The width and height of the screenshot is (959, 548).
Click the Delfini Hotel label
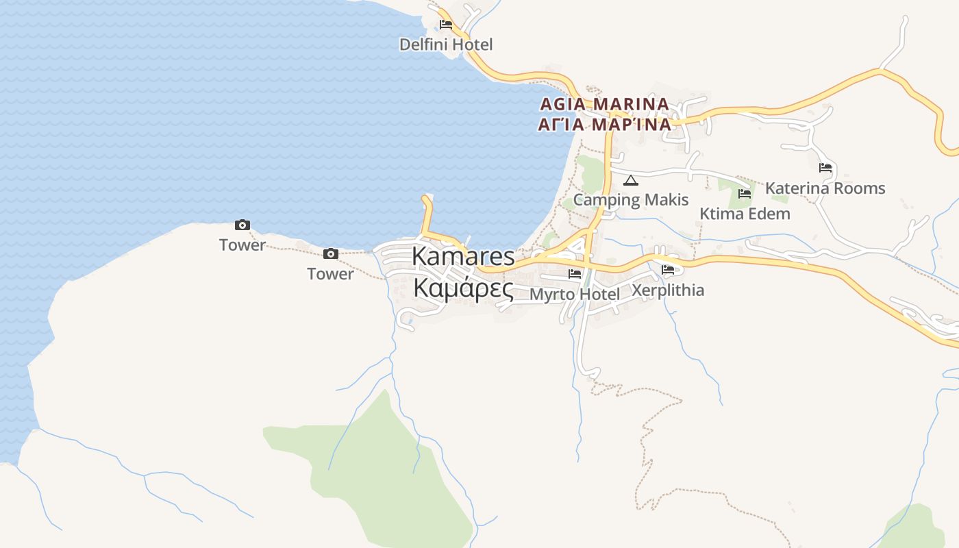pyautogui.click(x=446, y=45)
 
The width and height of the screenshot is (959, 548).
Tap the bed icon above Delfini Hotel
pyautogui.click(x=446, y=25)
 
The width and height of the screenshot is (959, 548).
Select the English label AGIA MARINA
pyautogui.click(x=604, y=104)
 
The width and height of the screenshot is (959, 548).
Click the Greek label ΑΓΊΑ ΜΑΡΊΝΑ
pyautogui.click(x=604, y=125)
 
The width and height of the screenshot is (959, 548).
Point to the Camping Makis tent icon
pyautogui.click(x=631, y=181)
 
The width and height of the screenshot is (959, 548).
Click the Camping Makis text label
pyautogui.click(x=631, y=200)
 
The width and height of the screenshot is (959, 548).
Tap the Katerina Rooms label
pyautogui.click(x=825, y=188)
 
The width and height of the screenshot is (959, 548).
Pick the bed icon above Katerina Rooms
pyautogui.click(x=825, y=167)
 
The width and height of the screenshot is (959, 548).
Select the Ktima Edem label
pyautogui.click(x=745, y=214)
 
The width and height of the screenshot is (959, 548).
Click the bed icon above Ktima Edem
pyautogui.click(x=745, y=194)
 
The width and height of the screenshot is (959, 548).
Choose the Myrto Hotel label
pyautogui.click(x=575, y=294)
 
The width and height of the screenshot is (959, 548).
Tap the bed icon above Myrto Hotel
pyautogui.click(x=575, y=274)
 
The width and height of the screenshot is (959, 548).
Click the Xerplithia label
pyautogui.click(x=668, y=290)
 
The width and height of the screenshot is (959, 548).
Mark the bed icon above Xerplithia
pyautogui.click(x=668, y=270)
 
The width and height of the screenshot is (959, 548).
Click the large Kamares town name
pyautogui.click(x=463, y=256)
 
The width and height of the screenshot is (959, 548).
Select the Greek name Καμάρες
pyautogui.click(x=463, y=288)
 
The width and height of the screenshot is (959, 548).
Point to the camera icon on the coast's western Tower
pyautogui.click(x=242, y=225)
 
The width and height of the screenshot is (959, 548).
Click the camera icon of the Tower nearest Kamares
pyautogui.click(x=331, y=254)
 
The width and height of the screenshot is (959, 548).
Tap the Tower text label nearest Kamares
pyautogui.click(x=330, y=274)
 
